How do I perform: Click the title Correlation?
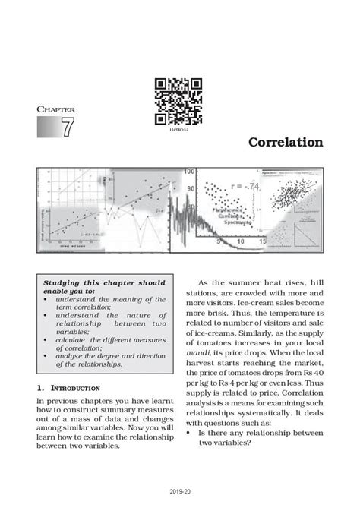click(286, 143)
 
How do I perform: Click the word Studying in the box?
click(64, 282)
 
